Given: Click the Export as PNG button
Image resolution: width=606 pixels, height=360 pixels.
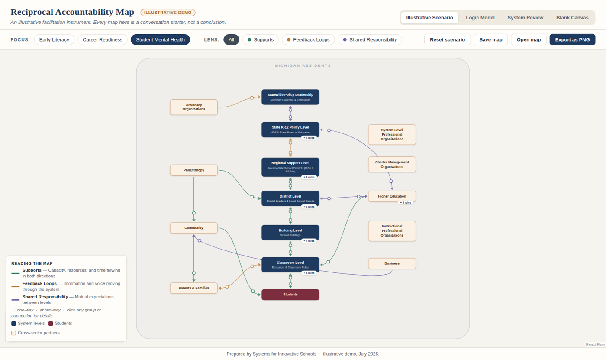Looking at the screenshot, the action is [x=572, y=39].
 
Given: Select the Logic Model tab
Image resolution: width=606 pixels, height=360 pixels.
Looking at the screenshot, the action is [x=480, y=18].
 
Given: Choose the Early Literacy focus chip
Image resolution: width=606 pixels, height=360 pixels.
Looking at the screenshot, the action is [x=54, y=39].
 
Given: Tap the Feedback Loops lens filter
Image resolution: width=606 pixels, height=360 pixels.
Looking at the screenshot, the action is [x=308, y=39].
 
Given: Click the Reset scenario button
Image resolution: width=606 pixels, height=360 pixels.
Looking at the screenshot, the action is [x=447, y=39].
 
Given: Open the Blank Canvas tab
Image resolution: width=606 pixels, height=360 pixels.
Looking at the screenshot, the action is [x=572, y=18].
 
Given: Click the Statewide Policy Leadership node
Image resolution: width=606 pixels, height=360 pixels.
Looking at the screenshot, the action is [x=290, y=97].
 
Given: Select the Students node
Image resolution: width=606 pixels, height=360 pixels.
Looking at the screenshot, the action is [x=290, y=295].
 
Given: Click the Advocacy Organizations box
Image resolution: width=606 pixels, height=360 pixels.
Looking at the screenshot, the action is [x=194, y=107].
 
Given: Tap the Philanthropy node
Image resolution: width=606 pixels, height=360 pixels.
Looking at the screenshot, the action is [x=194, y=170].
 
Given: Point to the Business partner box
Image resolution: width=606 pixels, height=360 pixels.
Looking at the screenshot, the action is [x=392, y=263].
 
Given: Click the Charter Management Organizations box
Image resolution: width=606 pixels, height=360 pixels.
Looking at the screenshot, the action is [x=392, y=164].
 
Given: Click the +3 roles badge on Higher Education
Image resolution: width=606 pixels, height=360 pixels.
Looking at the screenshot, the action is [x=406, y=202].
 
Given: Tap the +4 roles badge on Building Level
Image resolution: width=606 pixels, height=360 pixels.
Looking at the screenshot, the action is [x=309, y=240].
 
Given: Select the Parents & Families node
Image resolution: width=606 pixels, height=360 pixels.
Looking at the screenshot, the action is [x=194, y=288].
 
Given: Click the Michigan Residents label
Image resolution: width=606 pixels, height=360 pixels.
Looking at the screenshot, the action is [x=303, y=65].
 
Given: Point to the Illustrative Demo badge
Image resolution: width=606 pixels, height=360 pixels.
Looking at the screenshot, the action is [x=168, y=13].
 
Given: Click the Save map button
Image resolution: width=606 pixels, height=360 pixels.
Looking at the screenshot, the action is [x=491, y=39].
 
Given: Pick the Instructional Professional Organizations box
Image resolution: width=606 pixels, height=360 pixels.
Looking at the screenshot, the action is [x=392, y=231].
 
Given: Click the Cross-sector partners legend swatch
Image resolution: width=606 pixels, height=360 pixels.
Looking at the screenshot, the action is [x=13, y=333].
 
